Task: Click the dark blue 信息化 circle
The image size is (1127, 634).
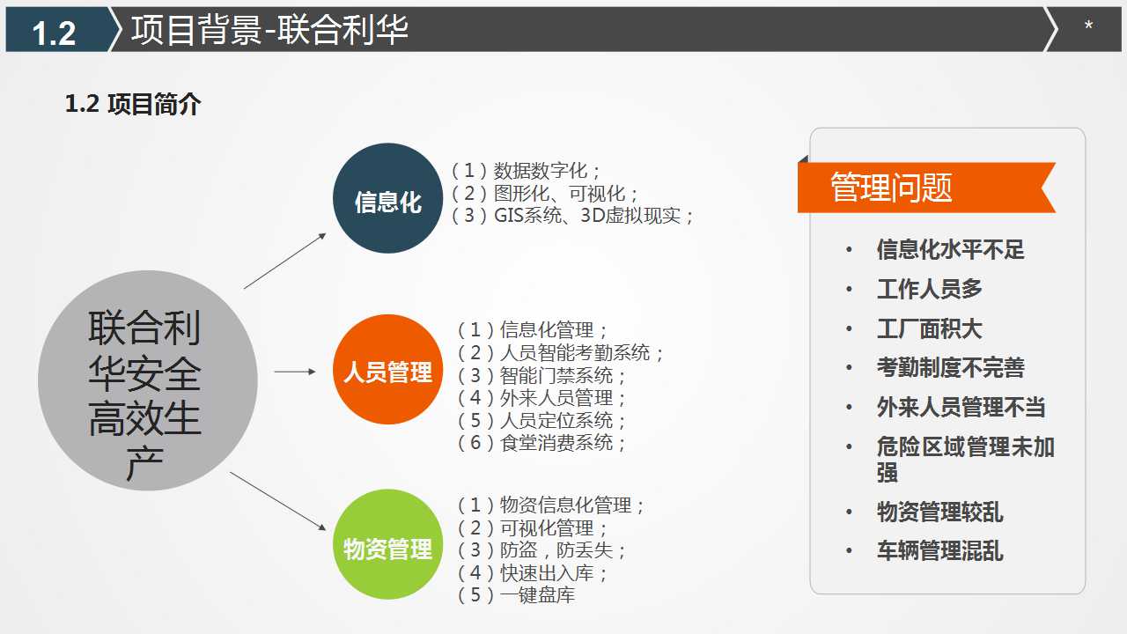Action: tap(387, 199)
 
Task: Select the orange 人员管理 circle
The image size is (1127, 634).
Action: tap(387, 370)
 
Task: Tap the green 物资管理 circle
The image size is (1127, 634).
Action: tap(387, 544)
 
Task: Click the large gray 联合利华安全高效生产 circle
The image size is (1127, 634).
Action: tap(147, 380)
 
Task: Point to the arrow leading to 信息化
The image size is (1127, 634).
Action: tap(285, 261)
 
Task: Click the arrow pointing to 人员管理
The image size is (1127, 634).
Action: tap(295, 372)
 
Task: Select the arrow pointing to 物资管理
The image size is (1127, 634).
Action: tap(278, 501)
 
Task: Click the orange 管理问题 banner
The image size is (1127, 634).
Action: tap(924, 188)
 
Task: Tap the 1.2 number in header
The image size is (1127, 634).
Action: tap(54, 33)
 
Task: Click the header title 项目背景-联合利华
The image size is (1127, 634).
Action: tap(269, 29)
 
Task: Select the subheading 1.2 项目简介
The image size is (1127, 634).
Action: tap(133, 105)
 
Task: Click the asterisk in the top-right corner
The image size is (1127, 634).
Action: tap(1088, 27)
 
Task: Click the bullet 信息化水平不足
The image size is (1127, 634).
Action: tap(950, 250)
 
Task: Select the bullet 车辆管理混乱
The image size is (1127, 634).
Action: tap(939, 551)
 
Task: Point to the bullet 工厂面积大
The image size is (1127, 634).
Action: tap(929, 329)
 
